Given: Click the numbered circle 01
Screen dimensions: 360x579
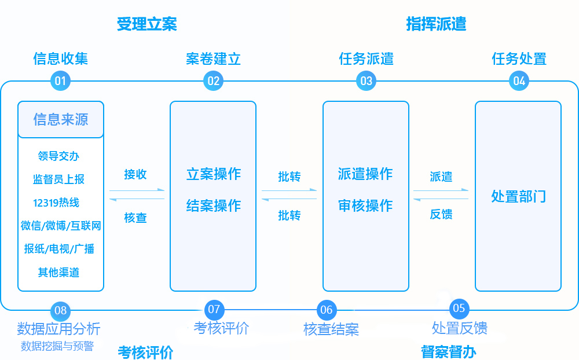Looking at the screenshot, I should coord(60,81).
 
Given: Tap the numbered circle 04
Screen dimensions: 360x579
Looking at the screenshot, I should coord(519,81).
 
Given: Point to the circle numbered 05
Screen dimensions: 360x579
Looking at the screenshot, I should coord(459,308).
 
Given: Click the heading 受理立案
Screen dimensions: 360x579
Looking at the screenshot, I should coord(146,24).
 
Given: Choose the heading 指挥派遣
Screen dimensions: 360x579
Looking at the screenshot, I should coord(436,24).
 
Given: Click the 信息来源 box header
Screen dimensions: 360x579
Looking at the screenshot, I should coord(61,120).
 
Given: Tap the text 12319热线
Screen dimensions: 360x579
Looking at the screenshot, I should coord(56,203).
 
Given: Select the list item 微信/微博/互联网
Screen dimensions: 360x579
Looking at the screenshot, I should coord(61,226).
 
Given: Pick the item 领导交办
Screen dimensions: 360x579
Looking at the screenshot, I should coord(58,156).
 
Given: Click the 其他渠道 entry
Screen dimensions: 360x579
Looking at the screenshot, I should coord(58,272).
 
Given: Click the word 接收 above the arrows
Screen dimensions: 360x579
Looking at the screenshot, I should coord(135,175).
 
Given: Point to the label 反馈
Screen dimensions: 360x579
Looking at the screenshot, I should coord(441,215).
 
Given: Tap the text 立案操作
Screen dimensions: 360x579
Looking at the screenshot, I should coord(213,174).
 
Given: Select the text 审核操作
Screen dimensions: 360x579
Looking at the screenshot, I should coord(365,206).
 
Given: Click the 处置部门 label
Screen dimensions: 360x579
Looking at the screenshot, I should coord(518,196).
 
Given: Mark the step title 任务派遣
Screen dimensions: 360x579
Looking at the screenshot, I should coord(366,59).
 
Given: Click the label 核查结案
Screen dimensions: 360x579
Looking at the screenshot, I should coord(331,329).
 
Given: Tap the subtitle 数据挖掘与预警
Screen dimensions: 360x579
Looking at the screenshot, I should coord(57,346).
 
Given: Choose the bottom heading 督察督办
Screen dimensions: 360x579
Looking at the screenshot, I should coord(449,352).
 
